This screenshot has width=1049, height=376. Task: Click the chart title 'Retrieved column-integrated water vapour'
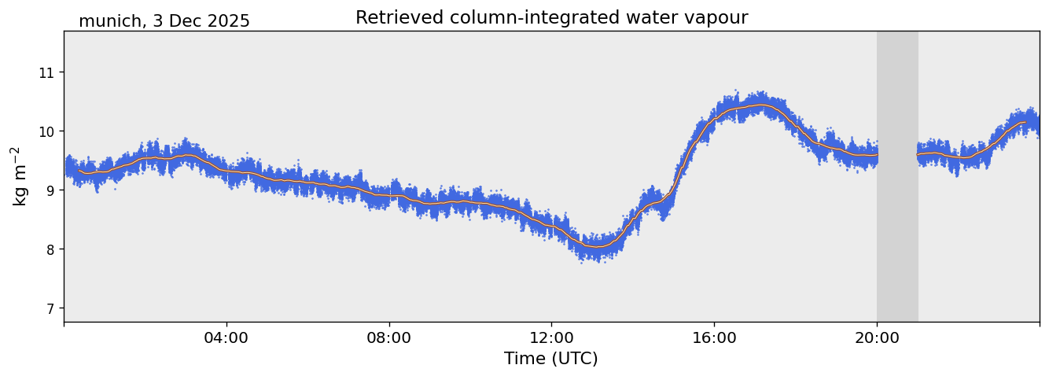coord(551,17)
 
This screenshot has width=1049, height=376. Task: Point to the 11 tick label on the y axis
coord(51,72)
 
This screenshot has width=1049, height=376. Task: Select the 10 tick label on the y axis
coord(51,131)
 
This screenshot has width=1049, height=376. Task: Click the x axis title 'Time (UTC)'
coord(551,359)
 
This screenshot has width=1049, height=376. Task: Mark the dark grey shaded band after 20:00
coord(897,176)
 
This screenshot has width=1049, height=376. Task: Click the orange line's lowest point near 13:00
coord(598,247)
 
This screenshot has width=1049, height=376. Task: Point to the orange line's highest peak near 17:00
coord(760,105)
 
